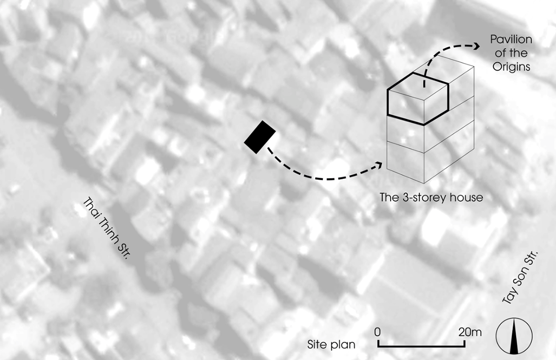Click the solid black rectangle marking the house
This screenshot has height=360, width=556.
[x=260, y=137]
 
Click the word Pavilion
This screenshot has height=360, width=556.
[x=511, y=39]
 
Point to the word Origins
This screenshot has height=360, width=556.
[x=512, y=67]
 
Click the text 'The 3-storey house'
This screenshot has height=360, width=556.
[x=431, y=198]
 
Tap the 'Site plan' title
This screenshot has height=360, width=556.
[x=331, y=344]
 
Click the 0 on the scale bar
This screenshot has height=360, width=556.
[x=377, y=332]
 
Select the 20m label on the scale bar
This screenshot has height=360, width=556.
[x=470, y=332]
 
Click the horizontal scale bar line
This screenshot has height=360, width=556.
[x=422, y=346]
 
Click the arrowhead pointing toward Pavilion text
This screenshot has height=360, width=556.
[x=477, y=46]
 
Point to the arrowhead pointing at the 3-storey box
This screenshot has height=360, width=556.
[x=379, y=165]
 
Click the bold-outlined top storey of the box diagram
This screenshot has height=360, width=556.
[x=418, y=99]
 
